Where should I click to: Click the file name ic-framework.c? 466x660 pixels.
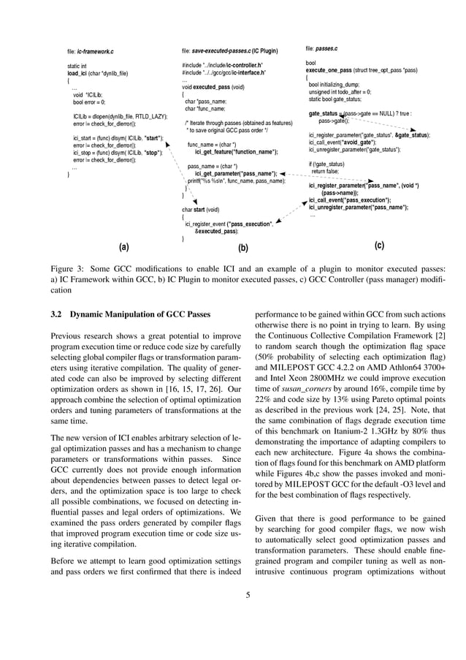pyautogui.click(x=96, y=52)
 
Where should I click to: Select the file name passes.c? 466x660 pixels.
pyautogui.click(x=326, y=48)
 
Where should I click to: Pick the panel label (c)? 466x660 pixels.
pyautogui.click(x=379, y=246)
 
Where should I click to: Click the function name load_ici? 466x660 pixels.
pyautogui.click(x=77, y=74)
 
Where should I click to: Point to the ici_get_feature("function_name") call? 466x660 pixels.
pyautogui.click(x=235, y=151)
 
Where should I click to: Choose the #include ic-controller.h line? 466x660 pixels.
pyautogui.click(x=223, y=66)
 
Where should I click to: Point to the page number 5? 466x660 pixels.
pyautogui.click(x=248, y=594)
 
